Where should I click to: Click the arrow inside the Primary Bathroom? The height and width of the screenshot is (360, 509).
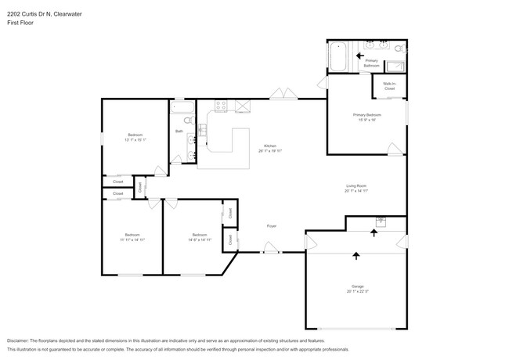[x=361, y=56]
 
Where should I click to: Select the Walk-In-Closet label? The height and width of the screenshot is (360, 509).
[x=389, y=86]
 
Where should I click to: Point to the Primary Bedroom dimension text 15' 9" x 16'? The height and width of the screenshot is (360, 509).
[x=366, y=120]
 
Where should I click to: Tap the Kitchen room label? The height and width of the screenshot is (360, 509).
[x=269, y=146]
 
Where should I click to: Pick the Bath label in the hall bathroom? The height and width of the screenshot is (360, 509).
[x=179, y=131]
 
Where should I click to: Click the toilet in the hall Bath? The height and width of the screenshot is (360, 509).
[x=189, y=120]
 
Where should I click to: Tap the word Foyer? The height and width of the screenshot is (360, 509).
[x=271, y=226]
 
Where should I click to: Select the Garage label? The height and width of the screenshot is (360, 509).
[x=356, y=286]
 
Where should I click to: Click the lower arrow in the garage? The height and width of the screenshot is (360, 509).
[x=356, y=255]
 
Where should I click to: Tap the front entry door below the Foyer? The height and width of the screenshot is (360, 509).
[x=271, y=251]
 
